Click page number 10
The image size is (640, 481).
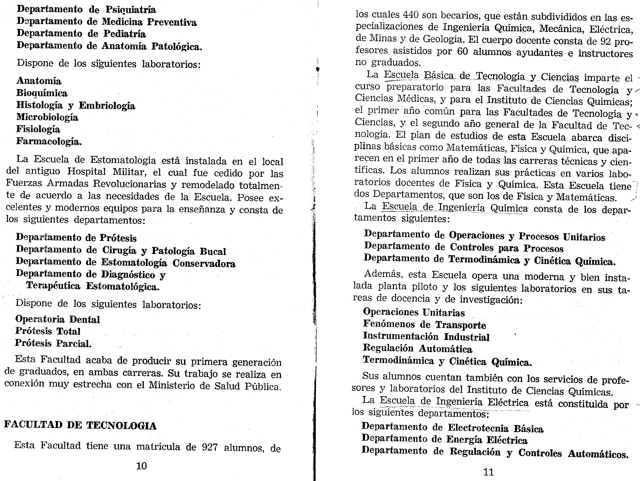141,466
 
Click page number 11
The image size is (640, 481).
489,472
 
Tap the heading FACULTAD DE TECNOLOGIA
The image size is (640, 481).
80,425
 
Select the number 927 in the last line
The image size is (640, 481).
210,447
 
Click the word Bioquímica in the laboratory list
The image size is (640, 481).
42,93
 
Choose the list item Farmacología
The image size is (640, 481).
49,142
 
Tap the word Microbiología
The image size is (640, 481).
47,117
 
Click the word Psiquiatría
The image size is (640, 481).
131,10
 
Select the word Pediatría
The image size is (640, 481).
125,34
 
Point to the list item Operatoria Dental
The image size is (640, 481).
58,319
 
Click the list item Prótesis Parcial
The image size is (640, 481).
53,343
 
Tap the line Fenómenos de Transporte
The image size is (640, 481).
424,325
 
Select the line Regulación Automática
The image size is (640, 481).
417,349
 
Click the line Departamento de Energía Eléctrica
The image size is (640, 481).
444,440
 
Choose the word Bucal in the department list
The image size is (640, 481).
213,251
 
